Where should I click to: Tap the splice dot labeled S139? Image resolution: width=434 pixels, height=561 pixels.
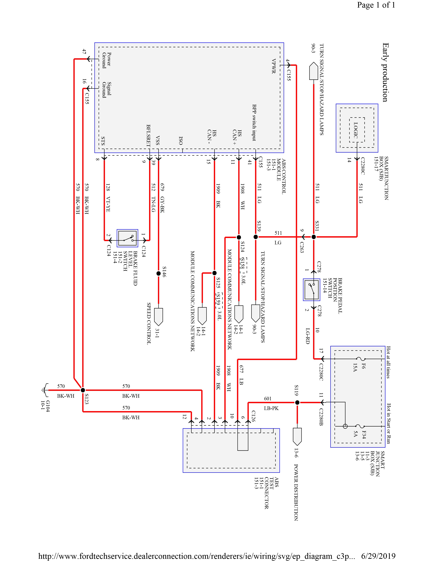point(256,237)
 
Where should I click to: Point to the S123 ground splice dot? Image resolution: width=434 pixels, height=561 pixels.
point(83,390)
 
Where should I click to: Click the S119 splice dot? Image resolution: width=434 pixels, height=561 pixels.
point(297,403)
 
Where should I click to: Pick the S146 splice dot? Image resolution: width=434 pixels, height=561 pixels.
point(159,274)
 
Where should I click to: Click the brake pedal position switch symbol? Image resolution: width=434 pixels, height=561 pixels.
point(312,290)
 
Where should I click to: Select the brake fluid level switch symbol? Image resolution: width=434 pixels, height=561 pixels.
point(127,238)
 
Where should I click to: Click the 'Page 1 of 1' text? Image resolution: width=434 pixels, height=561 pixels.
point(376,5)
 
